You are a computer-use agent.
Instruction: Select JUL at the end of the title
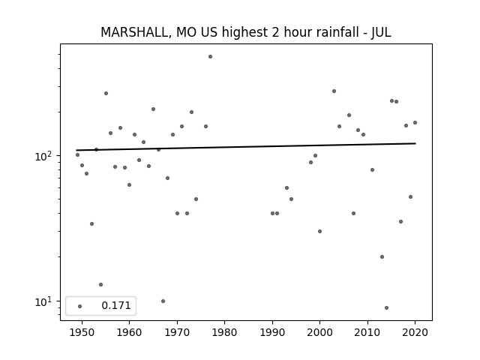coord(382,32)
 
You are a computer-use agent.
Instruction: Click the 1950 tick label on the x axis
coord(82,332)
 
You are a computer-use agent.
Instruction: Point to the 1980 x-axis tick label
coord(225,332)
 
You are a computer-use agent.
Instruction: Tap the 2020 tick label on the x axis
coord(415,332)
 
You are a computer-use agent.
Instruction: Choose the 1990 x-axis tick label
coord(272,332)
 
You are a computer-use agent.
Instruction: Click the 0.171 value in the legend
coord(116,305)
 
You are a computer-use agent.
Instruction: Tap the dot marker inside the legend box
coord(80,306)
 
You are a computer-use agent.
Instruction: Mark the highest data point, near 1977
coord(210,57)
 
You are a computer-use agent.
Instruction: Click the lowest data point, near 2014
coord(387,307)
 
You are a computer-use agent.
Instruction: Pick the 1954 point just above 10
coord(100,285)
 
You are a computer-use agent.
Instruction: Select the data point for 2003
coord(334,91)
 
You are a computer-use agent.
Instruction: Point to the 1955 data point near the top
coord(106,93)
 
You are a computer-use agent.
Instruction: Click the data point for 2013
coord(382,256)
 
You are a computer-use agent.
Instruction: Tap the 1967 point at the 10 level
coord(163,301)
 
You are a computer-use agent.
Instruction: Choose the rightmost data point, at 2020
coord(415,123)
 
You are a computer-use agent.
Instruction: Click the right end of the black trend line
coord(415,143)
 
